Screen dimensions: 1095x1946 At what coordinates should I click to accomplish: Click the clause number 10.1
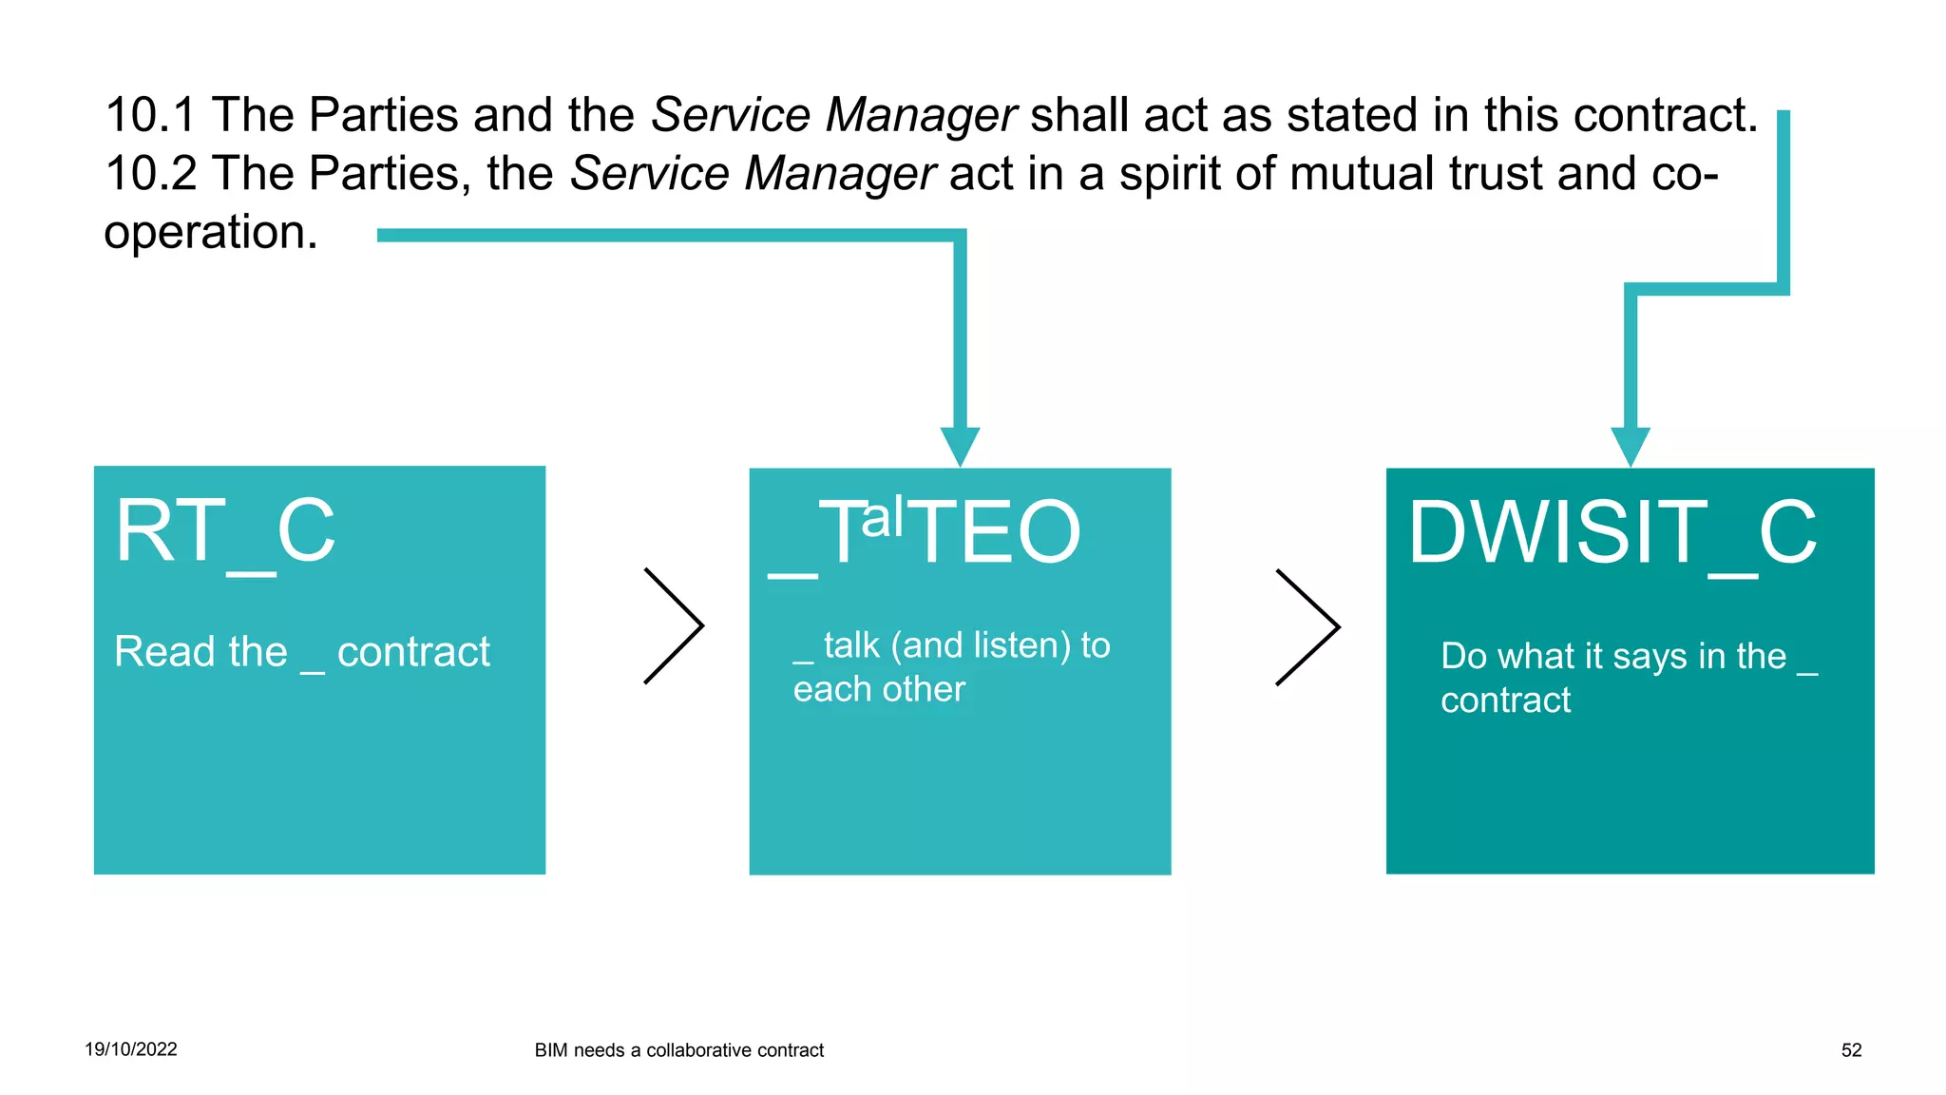tap(149, 115)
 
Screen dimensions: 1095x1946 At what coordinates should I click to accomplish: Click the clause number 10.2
tap(149, 174)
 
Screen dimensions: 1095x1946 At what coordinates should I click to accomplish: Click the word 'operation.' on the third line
tap(211, 233)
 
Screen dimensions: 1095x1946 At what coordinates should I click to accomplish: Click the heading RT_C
tap(225, 532)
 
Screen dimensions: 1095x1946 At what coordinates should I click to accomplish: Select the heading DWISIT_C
tap(1612, 533)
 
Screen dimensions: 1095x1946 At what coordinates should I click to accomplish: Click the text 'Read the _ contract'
tap(302, 652)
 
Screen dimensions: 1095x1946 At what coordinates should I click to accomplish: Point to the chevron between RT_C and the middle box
tap(674, 625)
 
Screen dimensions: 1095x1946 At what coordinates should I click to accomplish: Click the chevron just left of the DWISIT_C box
tap(1307, 627)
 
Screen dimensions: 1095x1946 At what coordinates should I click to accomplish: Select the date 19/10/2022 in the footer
tap(131, 1049)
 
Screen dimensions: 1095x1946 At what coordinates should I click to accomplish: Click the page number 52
tap(1851, 1050)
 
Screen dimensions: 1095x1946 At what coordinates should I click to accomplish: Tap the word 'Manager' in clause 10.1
tap(921, 115)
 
